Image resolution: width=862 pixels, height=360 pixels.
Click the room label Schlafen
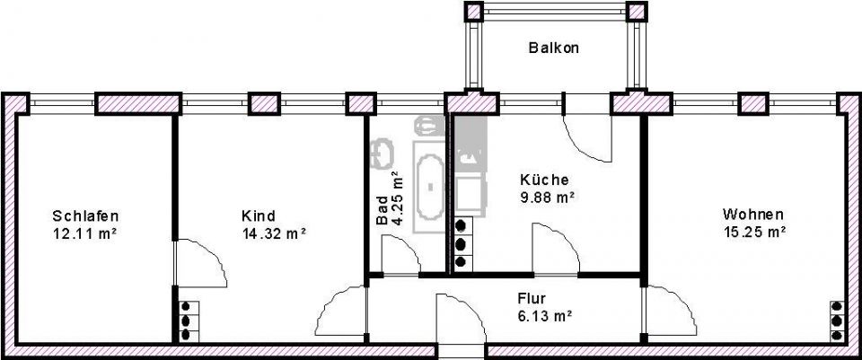(85, 215)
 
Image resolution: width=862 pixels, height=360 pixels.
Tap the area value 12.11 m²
(85, 233)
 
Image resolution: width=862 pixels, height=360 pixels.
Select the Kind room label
(259, 215)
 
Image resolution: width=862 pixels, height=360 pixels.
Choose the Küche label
(544, 179)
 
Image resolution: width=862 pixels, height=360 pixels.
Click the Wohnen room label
(753, 215)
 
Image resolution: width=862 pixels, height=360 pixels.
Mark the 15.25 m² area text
(754, 232)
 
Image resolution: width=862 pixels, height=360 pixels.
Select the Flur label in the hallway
(532, 298)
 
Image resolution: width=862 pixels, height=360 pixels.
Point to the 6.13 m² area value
(544, 315)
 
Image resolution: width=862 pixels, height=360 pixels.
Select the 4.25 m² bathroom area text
(399, 198)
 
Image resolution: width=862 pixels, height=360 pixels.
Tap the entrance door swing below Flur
(460, 319)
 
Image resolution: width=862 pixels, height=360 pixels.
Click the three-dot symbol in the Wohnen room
(837, 320)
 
